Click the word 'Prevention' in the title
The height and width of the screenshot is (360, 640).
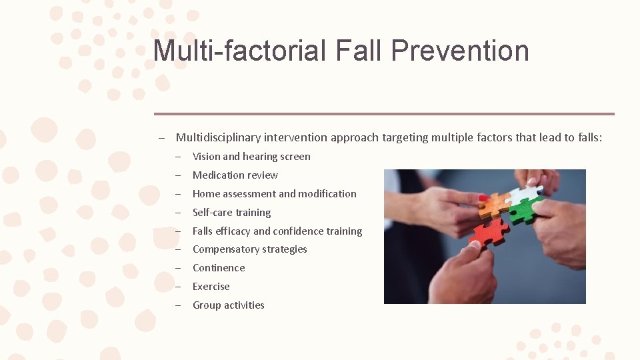(x=460, y=51)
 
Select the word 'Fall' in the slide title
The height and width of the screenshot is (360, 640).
(x=360, y=51)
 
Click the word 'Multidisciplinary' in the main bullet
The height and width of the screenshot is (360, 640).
(x=218, y=138)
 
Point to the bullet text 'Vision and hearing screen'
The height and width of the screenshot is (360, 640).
(x=251, y=157)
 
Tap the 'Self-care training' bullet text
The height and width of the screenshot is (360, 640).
(x=231, y=213)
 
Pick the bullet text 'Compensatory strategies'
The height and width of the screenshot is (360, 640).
(x=249, y=249)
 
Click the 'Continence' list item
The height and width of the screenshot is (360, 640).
(x=219, y=268)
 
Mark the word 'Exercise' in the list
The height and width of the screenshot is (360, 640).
(x=211, y=287)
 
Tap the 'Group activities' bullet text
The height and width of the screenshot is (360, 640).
(x=228, y=305)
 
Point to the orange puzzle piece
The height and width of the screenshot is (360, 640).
(x=495, y=205)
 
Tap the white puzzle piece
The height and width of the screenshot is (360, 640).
(x=524, y=194)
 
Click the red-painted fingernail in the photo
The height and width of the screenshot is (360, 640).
(x=483, y=198)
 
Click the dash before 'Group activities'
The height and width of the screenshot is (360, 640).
(x=179, y=305)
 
